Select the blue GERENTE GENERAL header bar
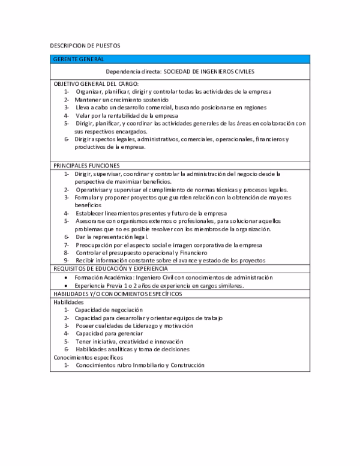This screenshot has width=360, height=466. (x=179, y=59)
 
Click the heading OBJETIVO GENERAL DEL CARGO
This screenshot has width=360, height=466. (x=96, y=83)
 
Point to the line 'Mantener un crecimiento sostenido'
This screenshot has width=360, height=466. (x=122, y=99)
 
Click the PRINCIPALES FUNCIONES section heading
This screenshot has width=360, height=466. (x=86, y=165)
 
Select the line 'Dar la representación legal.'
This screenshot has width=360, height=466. (x=112, y=237)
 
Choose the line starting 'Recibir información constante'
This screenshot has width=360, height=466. (x=170, y=261)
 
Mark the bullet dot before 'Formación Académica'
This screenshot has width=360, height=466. (x=66, y=277)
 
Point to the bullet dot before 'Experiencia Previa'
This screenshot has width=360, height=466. (x=66, y=286)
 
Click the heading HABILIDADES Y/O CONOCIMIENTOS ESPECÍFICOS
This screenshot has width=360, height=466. (x=118, y=294)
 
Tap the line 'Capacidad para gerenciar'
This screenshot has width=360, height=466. (x=109, y=333)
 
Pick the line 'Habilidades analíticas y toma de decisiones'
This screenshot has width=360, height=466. (x=132, y=349)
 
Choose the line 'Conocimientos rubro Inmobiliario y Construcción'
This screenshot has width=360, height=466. (x=140, y=365)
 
